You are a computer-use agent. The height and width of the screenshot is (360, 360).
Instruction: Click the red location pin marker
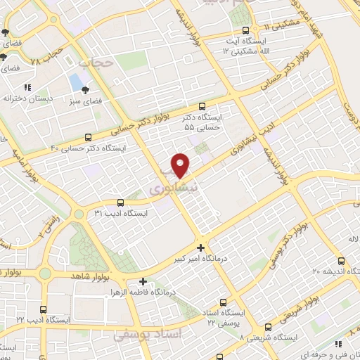point(181,165)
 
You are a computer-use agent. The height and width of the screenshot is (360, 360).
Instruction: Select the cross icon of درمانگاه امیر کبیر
point(202,247)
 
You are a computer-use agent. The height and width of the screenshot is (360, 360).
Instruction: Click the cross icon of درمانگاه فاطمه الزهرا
point(144,281)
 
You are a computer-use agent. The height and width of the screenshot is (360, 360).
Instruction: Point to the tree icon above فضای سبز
point(86,90)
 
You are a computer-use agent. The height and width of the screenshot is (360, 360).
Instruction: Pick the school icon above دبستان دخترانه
point(27,88)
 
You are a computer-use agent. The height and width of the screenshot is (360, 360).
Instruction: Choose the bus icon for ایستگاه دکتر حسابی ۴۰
point(89,137)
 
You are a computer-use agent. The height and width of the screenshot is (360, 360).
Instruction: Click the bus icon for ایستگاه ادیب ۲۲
point(44,309)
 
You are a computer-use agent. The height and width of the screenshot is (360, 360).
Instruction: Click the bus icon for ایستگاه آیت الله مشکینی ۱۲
point(245,30)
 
